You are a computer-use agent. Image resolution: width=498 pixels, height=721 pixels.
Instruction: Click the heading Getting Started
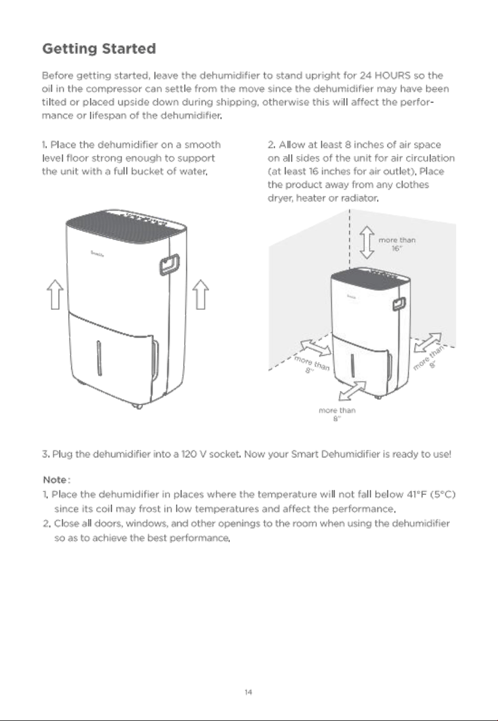point(99,49)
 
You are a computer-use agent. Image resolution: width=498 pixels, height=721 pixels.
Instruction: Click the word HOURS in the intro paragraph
point(393,75)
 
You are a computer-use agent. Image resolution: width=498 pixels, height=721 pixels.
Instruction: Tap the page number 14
point(248,692)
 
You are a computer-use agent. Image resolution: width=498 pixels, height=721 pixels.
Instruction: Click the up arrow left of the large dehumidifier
point(55,294)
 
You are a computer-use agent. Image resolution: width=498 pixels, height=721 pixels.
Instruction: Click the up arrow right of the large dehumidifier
point(201,294)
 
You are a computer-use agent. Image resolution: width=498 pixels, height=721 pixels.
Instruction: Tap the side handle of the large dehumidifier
point(169,264)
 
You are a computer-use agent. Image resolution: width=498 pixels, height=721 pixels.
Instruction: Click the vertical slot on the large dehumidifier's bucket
point(99,358)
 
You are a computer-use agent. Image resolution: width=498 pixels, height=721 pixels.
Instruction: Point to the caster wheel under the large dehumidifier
point(138,407)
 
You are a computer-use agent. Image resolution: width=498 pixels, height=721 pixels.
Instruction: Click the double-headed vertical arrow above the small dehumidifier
point(367,242)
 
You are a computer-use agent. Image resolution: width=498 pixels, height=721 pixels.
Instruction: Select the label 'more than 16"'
point(397,244)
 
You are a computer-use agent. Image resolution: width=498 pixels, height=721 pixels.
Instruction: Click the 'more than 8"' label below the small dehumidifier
point(337,414)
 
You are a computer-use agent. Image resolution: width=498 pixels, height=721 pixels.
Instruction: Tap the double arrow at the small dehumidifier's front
point(353,391)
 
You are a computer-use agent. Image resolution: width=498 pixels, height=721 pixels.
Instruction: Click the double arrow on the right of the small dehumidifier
point(428,343)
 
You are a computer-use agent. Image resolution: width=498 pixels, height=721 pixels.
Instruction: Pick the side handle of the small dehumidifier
point(399,303)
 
